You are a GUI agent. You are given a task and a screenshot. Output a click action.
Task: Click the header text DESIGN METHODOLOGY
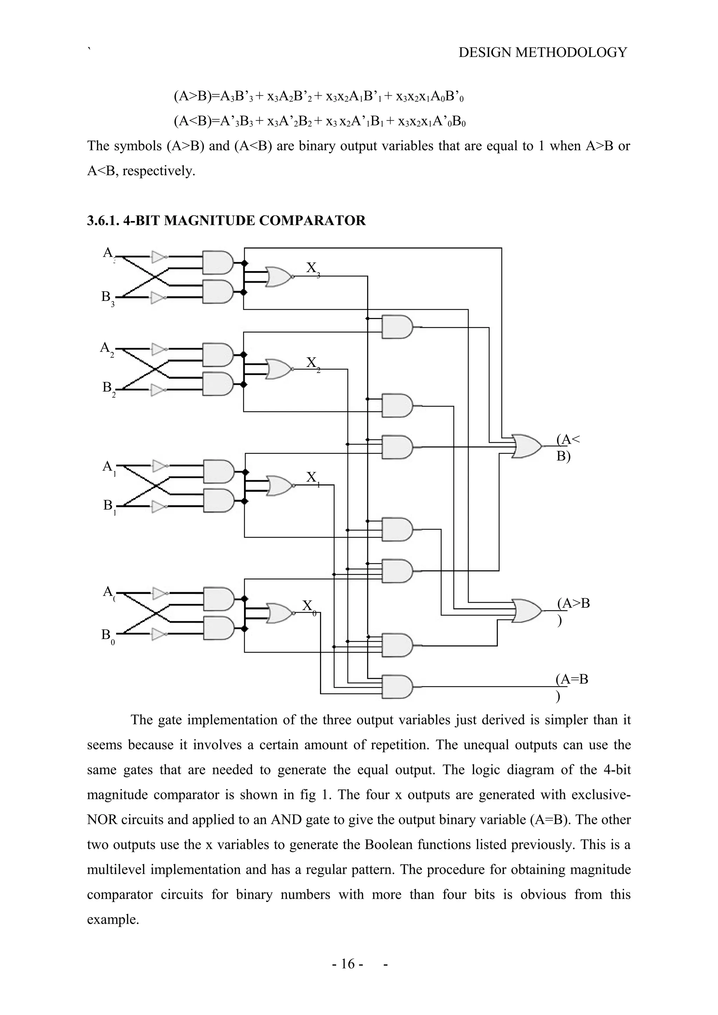click(542, 53)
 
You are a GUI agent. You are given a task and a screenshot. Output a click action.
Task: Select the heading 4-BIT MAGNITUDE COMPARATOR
click(226, 220)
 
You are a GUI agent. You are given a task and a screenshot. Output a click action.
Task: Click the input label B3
click(108, 297)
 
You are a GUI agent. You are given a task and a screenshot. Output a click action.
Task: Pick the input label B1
click(109, 505)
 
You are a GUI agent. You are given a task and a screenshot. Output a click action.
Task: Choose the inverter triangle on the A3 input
click(158, 256)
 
